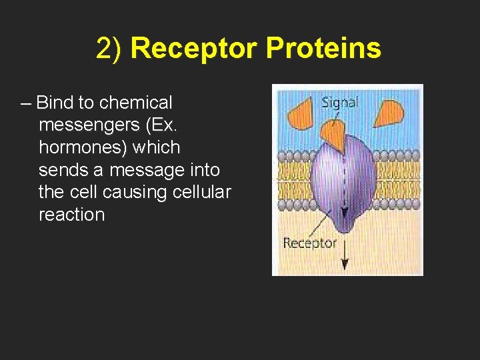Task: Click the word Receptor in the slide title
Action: (x=194, y=49)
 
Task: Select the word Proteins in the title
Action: (x=323, y=49)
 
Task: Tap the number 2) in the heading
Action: (x=110, y=49)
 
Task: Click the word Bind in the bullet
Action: (x=55, y=103)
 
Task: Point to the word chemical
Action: (x=135, y=103)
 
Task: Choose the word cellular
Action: (x=202, y=193)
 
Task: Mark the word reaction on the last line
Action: (x=72, y=215)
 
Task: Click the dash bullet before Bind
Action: (x=26, y=103)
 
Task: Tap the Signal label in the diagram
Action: (x=339, y=102)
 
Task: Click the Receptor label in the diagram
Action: (x=309, y=243)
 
